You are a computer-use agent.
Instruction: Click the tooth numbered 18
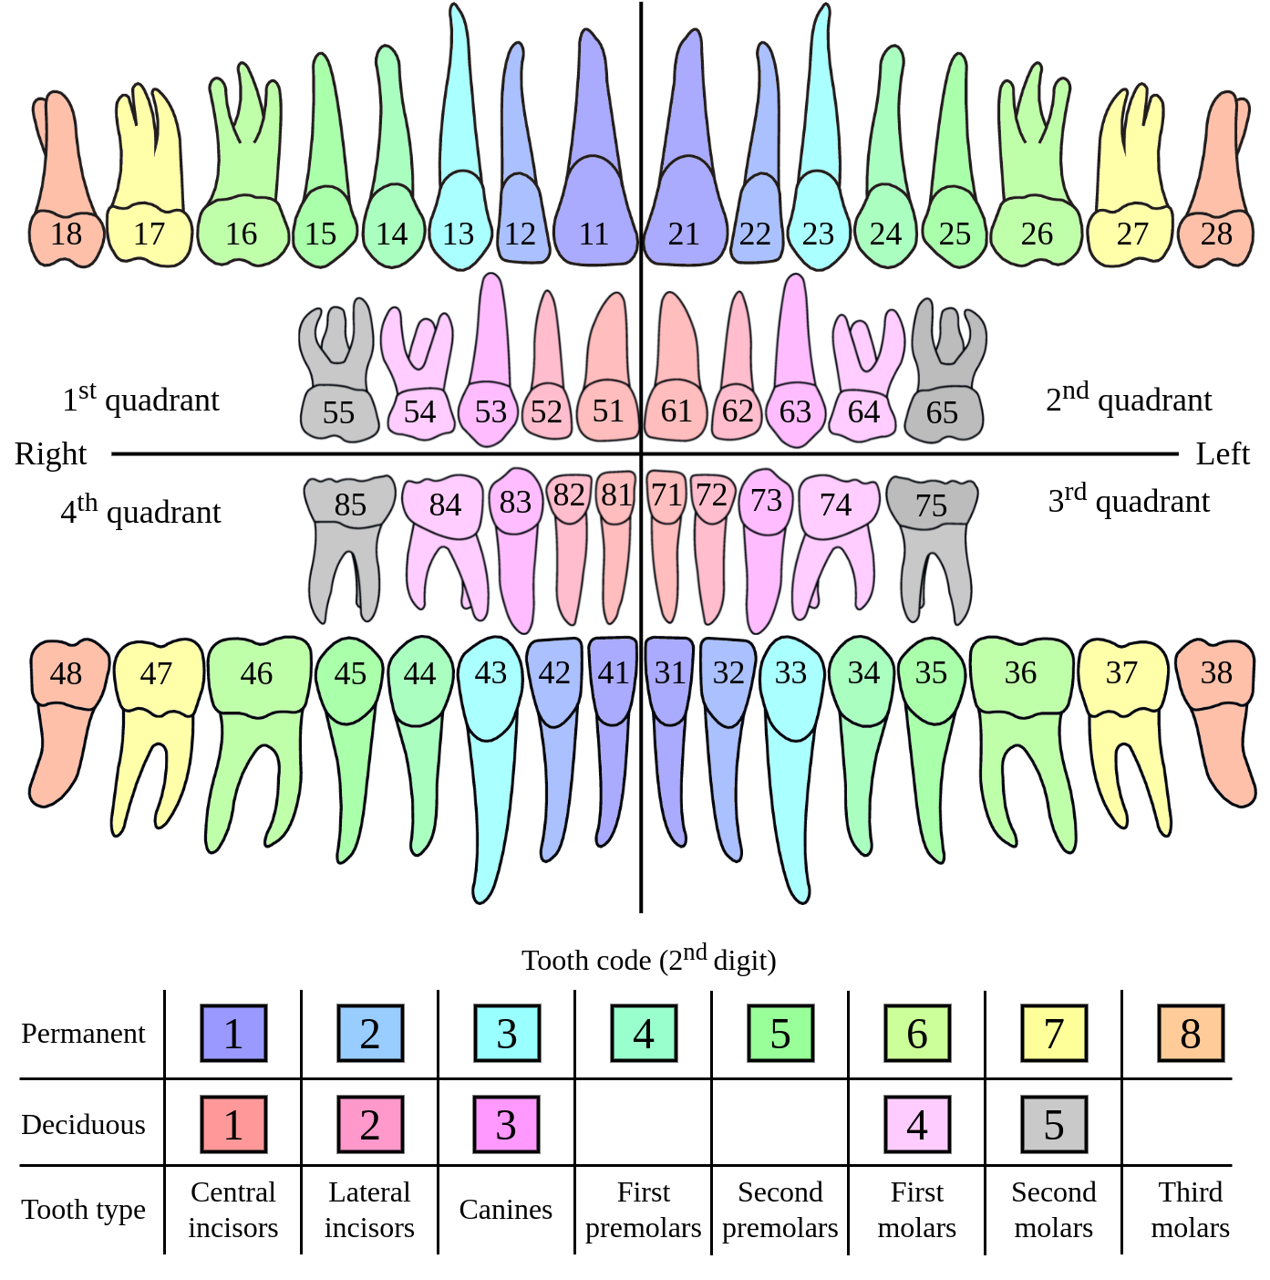[x=66, y=235]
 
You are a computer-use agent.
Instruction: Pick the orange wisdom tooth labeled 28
[x=1216, y=235]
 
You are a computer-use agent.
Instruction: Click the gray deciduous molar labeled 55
[x=338, y=412]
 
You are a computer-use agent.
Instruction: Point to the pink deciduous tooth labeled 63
[x=795, y=411]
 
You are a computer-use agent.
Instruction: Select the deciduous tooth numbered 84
[x=444, y=505]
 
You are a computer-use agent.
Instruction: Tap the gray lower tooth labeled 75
[x=931, y=505]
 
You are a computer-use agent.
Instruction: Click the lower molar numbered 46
[x=257, y=675]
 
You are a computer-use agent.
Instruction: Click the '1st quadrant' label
[x=140, y=399]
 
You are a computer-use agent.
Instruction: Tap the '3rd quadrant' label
[x=1129, y=500]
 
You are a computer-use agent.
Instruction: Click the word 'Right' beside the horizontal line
[x=50, y=453]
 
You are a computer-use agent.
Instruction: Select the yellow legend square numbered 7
[x=1053, y=1034]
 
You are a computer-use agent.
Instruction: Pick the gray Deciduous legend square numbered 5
[x=1053, y=1125]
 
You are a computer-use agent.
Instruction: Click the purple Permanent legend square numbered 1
[x=233, y=1034]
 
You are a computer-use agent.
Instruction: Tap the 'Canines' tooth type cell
[x=506, y=1210]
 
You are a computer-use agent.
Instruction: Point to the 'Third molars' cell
[x=1190, y=1210]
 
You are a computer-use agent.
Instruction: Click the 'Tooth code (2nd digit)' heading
[x=648, y=960]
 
